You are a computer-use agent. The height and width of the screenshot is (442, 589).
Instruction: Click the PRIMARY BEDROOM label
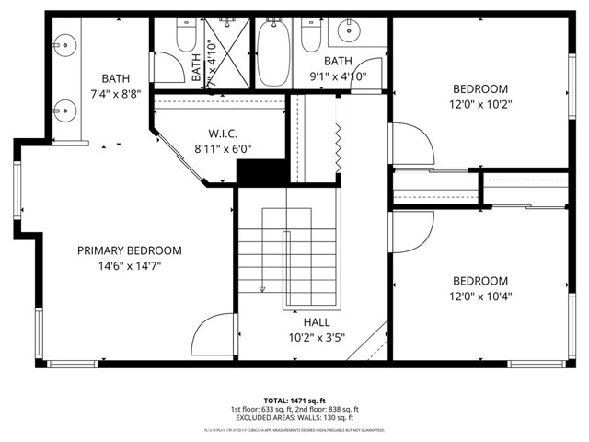(129, 250)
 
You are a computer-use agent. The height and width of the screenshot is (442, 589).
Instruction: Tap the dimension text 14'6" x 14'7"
(129, 266)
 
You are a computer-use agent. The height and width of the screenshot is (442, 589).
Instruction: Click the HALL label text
(317, 322)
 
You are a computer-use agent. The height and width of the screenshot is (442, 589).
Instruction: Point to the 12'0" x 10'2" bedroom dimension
(479, 104)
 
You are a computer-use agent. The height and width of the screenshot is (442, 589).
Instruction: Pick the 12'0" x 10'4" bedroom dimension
(479, 297)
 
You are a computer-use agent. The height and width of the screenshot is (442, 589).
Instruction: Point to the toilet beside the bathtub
(310, 37)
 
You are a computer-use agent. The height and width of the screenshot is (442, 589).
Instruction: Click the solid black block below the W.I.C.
(263, 172)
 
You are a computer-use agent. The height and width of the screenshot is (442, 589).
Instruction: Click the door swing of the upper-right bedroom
(410, 144)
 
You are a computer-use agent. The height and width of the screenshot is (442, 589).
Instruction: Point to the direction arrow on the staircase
(262, 285)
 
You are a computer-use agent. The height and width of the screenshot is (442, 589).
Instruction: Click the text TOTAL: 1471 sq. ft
(294, 400)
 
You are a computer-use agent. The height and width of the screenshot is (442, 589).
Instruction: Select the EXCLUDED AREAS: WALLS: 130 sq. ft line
(294, 418)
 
